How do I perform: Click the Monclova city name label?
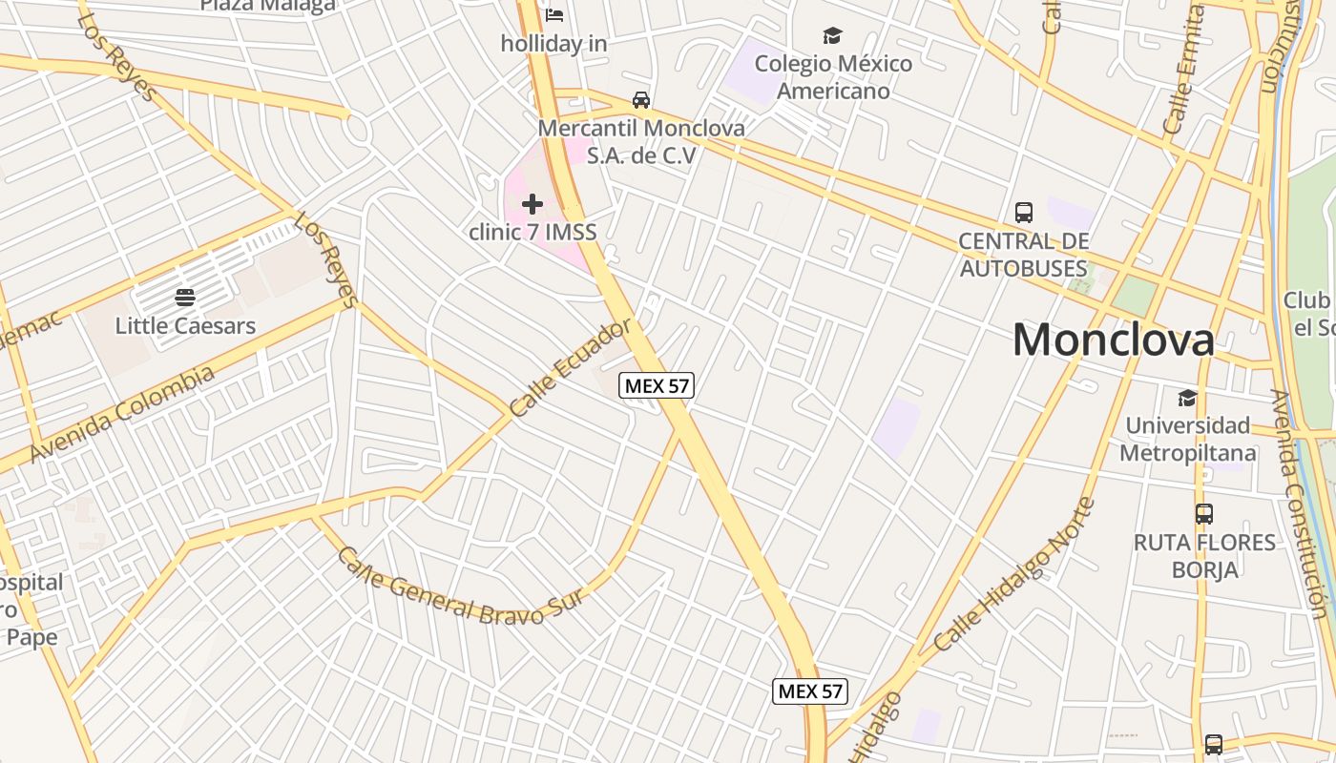click(1113, 340)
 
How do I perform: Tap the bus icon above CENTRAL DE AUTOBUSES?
click(1024, 212)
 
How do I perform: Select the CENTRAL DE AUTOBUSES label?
click(1024, 255)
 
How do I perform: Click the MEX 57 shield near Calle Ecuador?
click(657, 385)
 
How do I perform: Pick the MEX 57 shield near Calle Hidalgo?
click(810, 691)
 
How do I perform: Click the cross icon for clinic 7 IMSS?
click(532, 203)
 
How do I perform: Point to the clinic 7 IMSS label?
click(532, 231)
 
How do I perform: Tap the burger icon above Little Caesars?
click(185, 298)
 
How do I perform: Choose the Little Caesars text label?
click(185, 325)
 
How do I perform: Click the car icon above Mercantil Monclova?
click(641, 100)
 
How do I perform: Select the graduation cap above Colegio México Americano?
click(833, 36)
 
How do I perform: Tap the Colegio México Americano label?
click(833, 77)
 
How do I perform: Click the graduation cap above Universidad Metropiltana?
click(1187, 398)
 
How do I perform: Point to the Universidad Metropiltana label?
click(1187, 439)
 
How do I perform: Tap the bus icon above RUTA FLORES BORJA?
click(1204, 514)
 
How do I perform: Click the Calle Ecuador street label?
click(571, 367)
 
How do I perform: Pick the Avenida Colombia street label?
click(122, 414)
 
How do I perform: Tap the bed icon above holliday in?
click(554, 14)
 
